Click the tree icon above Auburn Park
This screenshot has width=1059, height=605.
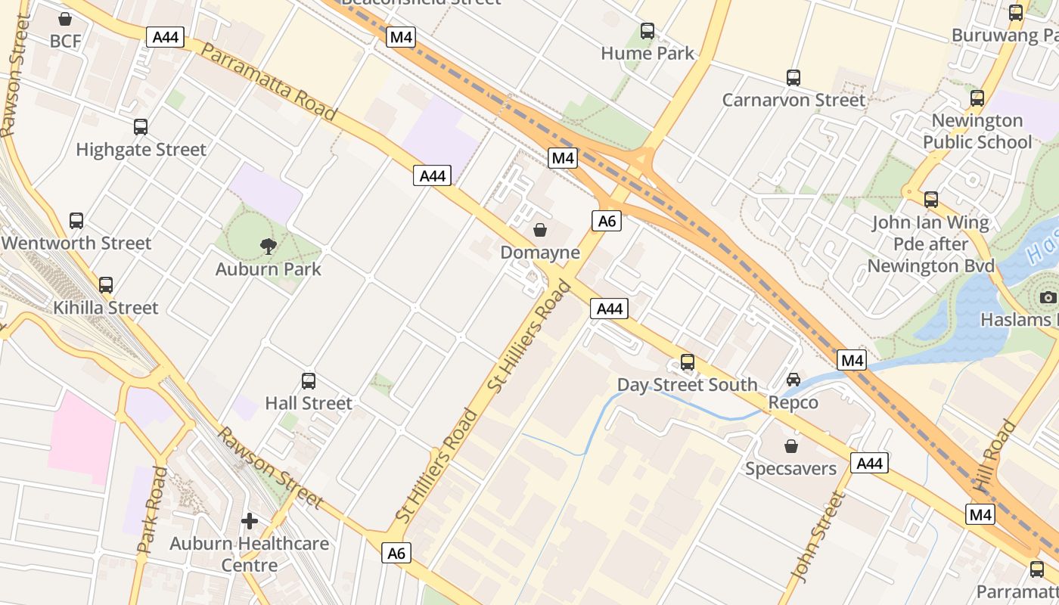[268, 245]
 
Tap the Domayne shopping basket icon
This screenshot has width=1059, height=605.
[540, 229]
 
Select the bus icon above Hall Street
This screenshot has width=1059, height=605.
[309, 380]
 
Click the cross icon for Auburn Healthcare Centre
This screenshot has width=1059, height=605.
[250, 521]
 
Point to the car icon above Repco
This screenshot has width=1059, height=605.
[793, 379]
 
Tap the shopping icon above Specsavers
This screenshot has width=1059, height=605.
[791, 446]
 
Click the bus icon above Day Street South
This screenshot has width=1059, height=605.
[687, 361]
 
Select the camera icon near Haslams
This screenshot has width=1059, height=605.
[1048, 297]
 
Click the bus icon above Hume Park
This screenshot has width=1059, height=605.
[648, 31]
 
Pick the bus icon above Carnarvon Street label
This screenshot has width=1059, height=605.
[793, 77]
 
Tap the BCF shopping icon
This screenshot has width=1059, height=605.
[66, 18]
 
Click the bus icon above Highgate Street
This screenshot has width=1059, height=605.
[141, 127]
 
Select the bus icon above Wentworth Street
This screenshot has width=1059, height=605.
[76, 221]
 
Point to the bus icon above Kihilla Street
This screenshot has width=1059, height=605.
[106, 285]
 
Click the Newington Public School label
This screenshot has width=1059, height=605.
[977, 132]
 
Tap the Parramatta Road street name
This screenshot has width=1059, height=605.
[269, 82]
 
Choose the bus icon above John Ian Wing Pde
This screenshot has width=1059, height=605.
[931, 200]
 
